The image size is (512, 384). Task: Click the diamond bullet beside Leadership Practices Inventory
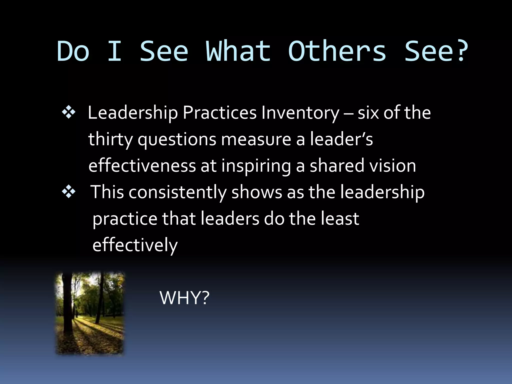pos(68,112)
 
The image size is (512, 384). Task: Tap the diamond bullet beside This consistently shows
pos(68,192)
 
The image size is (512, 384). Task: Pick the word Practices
pos(219,113)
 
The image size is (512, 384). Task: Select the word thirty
pos(110,139)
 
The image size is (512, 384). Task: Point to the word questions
pos(177,139)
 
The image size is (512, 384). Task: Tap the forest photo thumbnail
pos(90,313)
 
